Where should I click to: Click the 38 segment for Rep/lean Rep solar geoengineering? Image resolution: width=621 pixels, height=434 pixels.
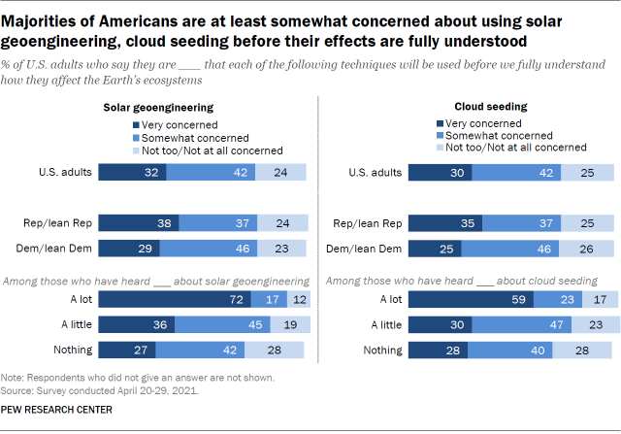[x=138, y=221]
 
